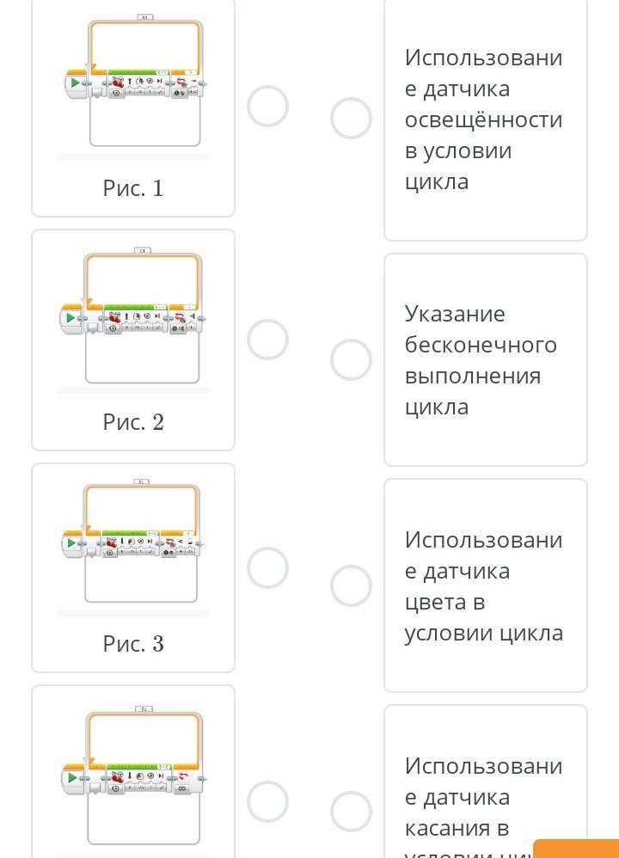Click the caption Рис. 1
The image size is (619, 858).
click(x=133, y=188)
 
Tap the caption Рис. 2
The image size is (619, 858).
click(x=133, y=422)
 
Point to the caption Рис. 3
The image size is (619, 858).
click(x=133, y=644)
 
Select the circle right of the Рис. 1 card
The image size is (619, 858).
click(x=267, y=107)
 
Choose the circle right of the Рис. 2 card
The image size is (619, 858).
click(x=267, y=340)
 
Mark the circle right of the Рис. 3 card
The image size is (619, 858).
click(x=267, y=568)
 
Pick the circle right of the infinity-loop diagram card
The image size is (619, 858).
click(x=267, y=801)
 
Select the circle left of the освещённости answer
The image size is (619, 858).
click(x=351, y=119)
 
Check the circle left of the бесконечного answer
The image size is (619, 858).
click(x=351, y=359)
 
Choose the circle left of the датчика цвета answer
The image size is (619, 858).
click(x=351, y=585)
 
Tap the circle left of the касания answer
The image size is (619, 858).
click(x=351, y=811)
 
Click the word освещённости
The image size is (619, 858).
click(x=483, y=120)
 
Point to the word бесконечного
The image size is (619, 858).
click(x=481, y=345)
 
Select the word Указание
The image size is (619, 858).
click(x=455, y=314)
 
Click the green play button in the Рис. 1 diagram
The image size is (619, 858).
click(x=76, y=83)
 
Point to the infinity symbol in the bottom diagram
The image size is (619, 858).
click(x=181, y=787)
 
